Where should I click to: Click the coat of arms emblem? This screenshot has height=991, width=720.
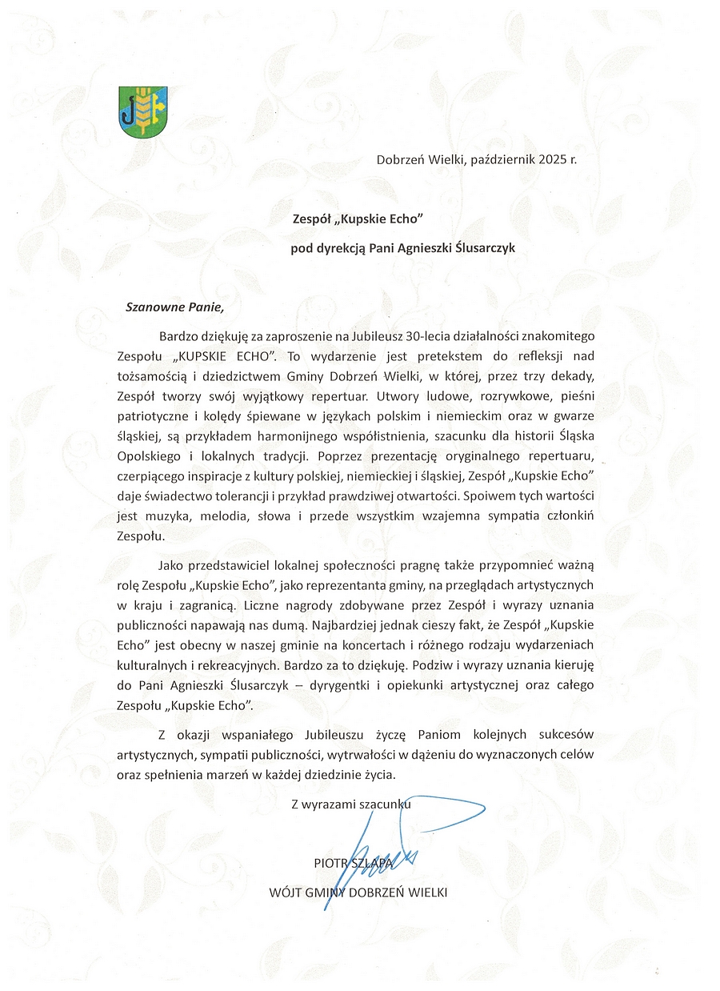coord(145,110)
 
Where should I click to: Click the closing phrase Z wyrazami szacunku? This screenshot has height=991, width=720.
coord(351,804)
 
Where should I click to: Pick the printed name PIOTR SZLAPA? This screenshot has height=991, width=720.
coord(354,864)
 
